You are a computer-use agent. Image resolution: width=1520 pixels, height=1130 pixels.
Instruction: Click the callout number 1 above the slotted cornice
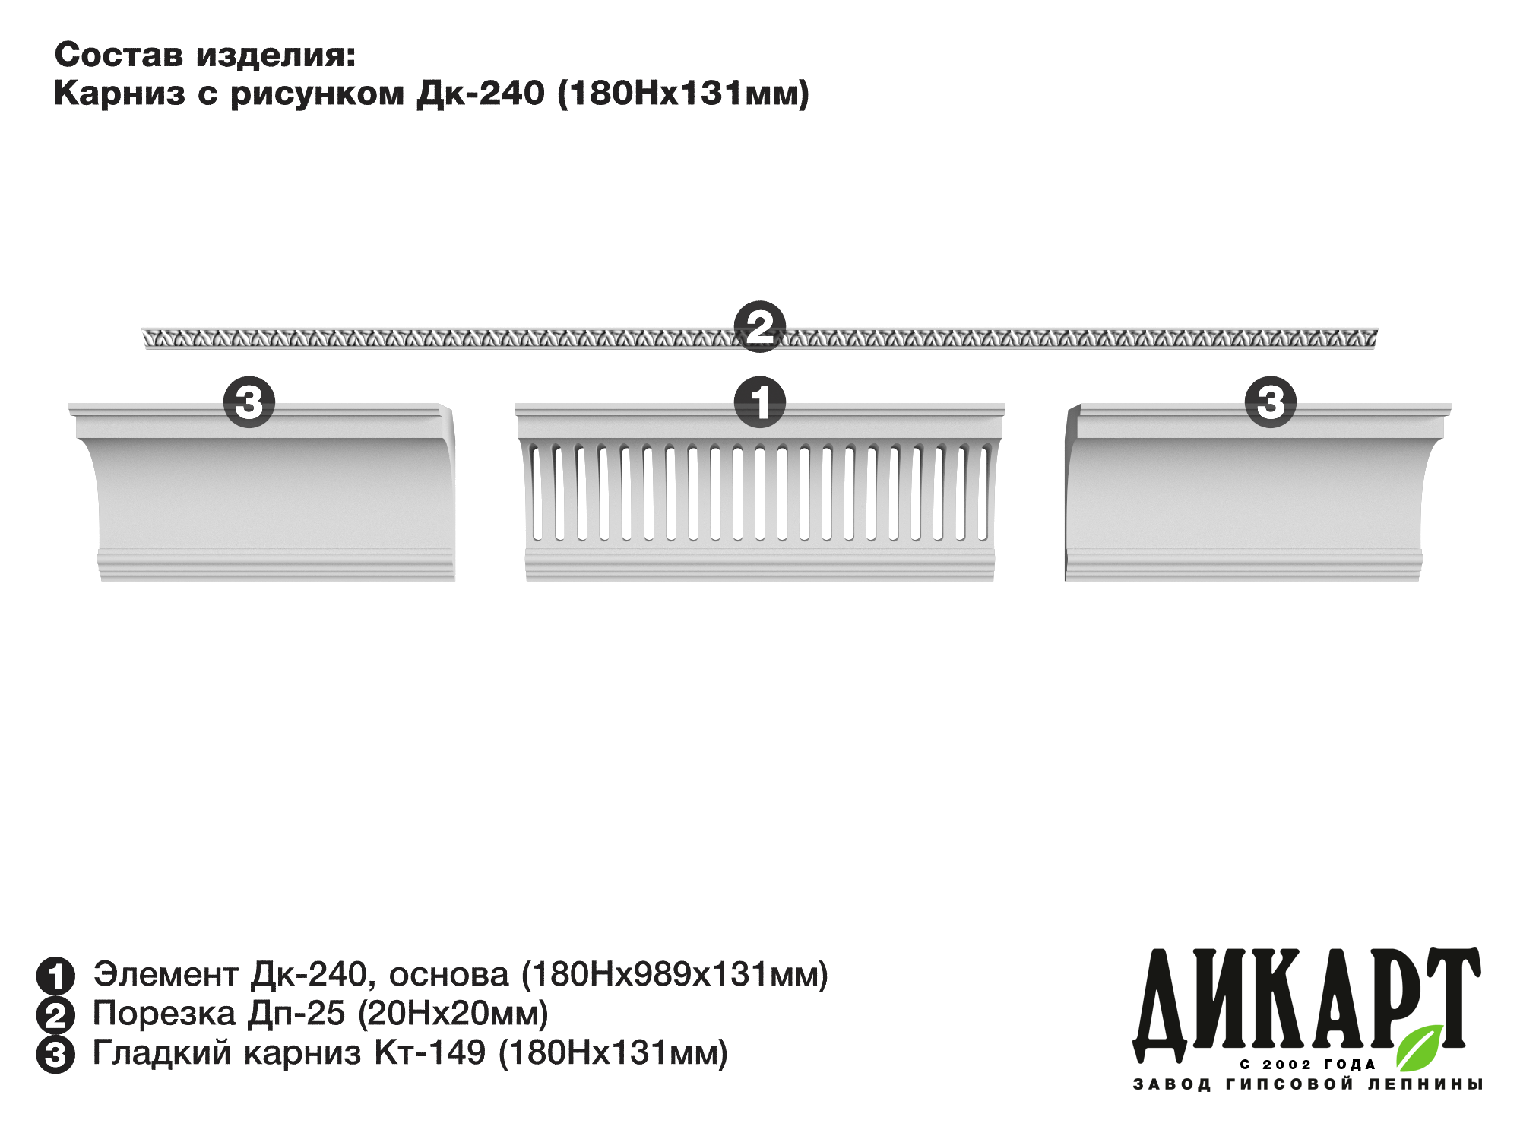760,402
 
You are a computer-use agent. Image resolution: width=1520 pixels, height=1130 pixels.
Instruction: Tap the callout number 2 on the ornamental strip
760,327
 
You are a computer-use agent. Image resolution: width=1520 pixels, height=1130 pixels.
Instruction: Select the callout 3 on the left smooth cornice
249,402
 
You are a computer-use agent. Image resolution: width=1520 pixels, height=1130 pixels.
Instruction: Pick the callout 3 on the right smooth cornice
1270,402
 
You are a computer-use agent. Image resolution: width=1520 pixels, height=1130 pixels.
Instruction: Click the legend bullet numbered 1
55,976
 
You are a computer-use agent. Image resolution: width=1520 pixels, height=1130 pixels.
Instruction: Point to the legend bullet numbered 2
55,1015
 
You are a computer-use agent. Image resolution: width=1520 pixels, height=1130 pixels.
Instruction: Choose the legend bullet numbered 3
55,1055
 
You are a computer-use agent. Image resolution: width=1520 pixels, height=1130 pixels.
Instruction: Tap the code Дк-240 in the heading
480,93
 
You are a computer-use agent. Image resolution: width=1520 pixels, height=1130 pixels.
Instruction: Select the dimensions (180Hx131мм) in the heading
684,94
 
